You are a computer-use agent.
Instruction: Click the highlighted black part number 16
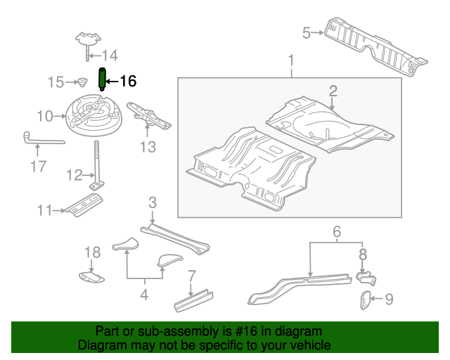(101, 79)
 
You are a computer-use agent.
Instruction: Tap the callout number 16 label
(127, 81)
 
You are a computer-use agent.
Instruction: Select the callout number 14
(110, 56)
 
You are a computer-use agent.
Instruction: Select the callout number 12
(75, 175)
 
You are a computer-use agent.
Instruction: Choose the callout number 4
(144, 295)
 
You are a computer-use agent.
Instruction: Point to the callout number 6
(336, 231)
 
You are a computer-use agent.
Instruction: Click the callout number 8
(363, 254)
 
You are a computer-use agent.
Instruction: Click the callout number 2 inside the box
(333, 90)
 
